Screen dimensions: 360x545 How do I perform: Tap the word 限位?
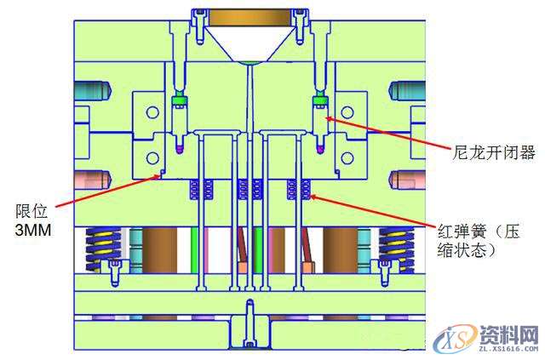(x=31, y=211)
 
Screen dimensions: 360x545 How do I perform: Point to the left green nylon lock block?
(x=179, y=101)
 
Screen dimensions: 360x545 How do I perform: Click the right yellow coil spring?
(x=395, y=247)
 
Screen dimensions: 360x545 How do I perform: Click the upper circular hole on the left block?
(x=152, y=111)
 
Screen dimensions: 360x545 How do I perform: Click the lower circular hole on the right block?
(x=347, y=157)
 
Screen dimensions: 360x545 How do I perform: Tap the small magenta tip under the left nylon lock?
(x=179, y=150)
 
